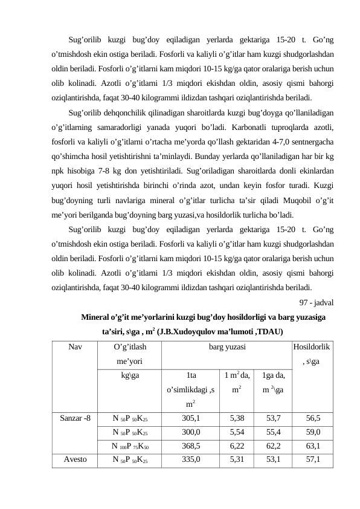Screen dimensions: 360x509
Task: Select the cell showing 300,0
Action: (191, 432)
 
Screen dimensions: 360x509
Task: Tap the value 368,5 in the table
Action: (191, 447)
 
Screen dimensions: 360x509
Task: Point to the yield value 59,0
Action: (313, 432)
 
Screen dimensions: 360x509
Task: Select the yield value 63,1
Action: (313, 447)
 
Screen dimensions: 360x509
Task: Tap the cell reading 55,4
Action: (273, 432)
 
